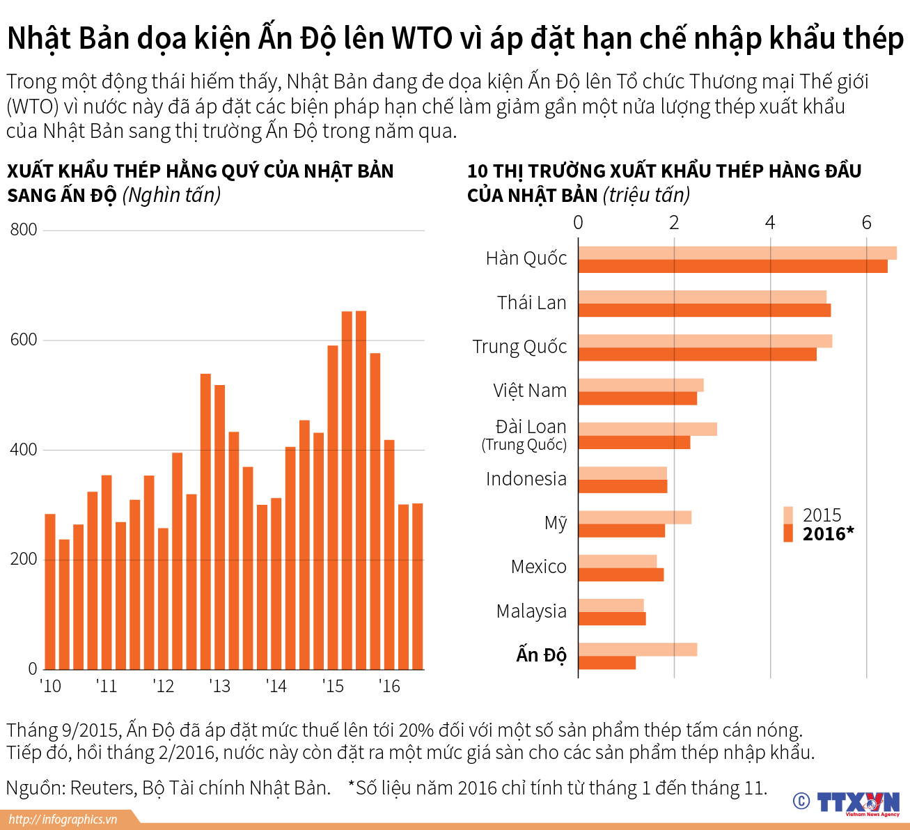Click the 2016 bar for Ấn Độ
pos(606,663)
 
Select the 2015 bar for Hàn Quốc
pos(737,253)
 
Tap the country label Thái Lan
pos(531,303)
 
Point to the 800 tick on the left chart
pos(24,230)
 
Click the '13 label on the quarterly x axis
pos(219,687)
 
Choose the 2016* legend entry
pos(828,534)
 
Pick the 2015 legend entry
pos(822,515)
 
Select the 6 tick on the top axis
pos(866,222)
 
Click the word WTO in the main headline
pos(422,38)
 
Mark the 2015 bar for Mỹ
pos(634,517)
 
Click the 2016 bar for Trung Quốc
pos(697,354)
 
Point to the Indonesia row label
pos(526,479)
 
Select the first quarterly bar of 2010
pos(50,592)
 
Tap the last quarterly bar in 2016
pos(417,586)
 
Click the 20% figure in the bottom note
pos(416,730)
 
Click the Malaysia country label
pos(531,611)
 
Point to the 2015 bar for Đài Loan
pos(647,429)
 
